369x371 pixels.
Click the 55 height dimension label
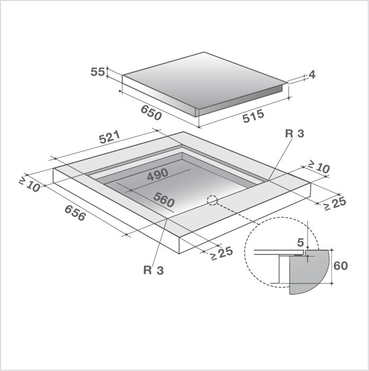tap(98, 72)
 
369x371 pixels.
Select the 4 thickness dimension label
tap(312, 75)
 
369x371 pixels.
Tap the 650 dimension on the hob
tap(151, 112)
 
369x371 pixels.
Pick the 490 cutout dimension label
tap(157, 174)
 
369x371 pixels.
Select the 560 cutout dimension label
tap(163, 200)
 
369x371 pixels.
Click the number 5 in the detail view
tap(300, 243)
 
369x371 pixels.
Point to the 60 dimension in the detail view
tap(341, 266)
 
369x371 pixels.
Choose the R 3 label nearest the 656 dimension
tap(153, 270)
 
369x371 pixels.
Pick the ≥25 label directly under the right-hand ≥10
tap(335, 203)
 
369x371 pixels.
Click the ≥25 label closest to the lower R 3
tap(221, 253)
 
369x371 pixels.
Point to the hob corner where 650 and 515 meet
tap(198, 114)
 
